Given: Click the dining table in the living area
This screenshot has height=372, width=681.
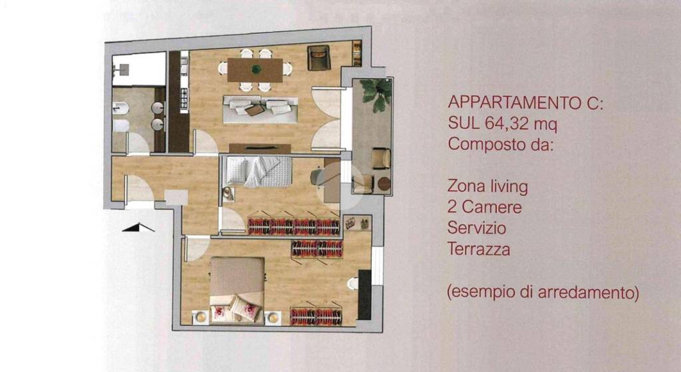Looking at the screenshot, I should point(255,69).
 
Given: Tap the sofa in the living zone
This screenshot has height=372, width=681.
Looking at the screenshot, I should point(259,108).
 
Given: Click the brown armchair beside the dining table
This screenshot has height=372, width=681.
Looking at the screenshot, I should point(319,58).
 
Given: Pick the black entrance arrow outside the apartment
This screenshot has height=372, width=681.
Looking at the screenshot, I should point(139,228).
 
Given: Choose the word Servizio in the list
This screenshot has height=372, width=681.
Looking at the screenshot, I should point(477,228).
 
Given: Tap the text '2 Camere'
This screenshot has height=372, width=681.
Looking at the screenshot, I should point(485,207).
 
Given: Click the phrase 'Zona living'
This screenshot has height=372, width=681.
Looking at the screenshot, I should point(488,186).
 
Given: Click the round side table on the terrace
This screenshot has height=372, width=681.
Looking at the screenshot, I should point(384,184).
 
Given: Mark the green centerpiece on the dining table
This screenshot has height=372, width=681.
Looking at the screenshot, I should point(255,68).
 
